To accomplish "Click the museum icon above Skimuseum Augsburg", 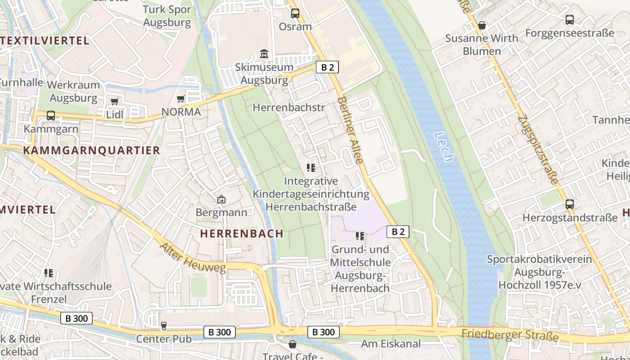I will click(x=264, y=55).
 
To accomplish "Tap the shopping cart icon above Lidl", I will click(x=114, y=102).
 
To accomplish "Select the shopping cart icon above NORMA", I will click(x=181, y=99).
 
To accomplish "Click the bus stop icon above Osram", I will click(x=295, y=13).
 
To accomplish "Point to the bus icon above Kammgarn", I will click(x=51, y=116).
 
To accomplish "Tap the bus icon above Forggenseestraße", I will click(x=570, y=20).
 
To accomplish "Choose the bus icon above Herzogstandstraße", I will click(x=570, y=204).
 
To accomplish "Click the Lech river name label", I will click(x=443, y=147).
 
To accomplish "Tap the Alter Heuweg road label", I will click(x=193, y=258).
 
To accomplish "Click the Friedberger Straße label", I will click(x=510, y=335).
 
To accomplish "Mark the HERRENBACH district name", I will click(x=242, y=234).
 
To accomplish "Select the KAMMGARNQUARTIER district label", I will click(x=91, y=150).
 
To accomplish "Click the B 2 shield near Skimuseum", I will click(x=327, y=67).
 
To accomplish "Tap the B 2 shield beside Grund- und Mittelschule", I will click(x=398, y=232).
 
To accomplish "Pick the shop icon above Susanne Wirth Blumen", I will click(x=482, y=25).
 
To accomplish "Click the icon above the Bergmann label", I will click(x=221, y=199).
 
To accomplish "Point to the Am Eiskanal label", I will click(x=391, y=344).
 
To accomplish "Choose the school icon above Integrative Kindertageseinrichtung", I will click(x=310, y=168).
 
